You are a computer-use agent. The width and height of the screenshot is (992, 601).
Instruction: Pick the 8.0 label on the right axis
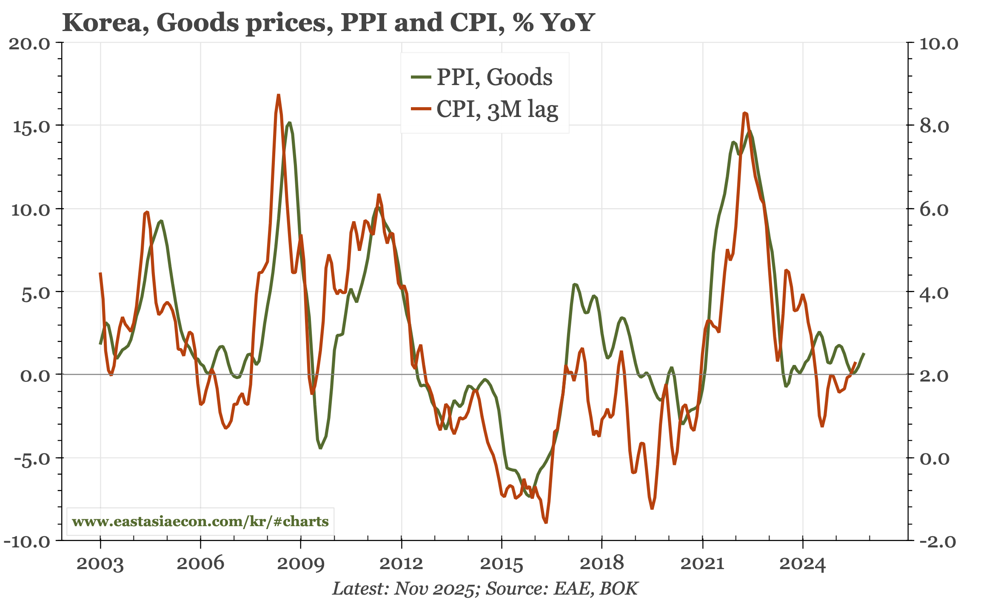pyautogui.click(x=934, y=127)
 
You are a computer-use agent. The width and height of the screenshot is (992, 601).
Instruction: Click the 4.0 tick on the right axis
pyautogui.click(x=934, y=293)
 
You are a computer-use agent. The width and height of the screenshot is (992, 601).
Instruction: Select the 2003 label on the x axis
pyautogui.click(x=100, y=564)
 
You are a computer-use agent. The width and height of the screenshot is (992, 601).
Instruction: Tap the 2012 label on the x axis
pyautogui.click(x=401, y=564)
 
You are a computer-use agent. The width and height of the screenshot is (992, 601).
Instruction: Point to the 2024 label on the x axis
pyautogui.click(x=802, y=564)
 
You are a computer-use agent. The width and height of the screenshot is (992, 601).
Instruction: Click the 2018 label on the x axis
pyautogui.click(x=601, y=564)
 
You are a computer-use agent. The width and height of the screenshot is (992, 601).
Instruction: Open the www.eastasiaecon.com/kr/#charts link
pyautogui.click(x=200, y=521)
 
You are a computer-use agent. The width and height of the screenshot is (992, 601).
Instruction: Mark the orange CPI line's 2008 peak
pyautogui.click(x=279, y=95)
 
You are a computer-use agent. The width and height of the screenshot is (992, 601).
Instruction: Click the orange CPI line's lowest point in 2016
pyautogui.click(x=546, y=522)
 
